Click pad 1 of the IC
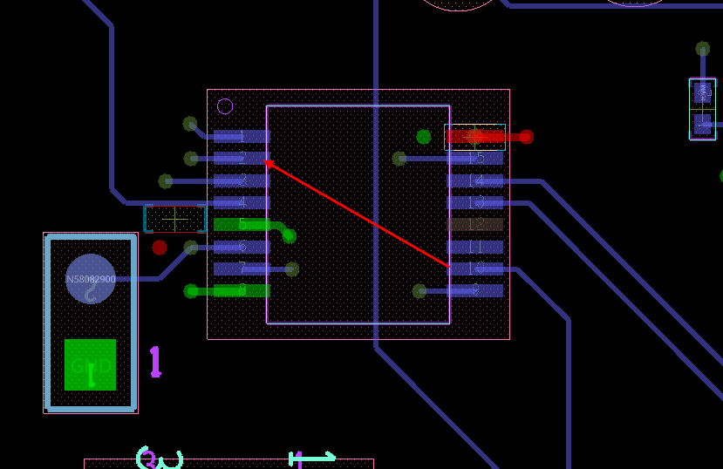(x=242, y=137)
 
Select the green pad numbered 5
(x=242, y=225)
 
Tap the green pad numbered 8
(x=242, y=290)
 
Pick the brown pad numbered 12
(x=475, y=225)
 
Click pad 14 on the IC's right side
(x=475, y=181)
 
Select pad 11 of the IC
(x=475, y=247)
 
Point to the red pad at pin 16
(x=475, y=136)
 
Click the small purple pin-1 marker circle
(x=225, y=106)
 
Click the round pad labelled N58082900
(x=91, y=279)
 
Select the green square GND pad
(x=90, y=364)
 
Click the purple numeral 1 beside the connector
(x=155, y=361)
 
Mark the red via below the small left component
(x=160, y=248)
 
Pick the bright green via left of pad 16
(x=423, y=137)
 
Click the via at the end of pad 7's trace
(x=292, y=269)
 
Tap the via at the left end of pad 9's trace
(x=419, y=291)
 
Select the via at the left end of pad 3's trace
(x=166, y=181)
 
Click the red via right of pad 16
(x=526, y=137)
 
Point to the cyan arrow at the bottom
(x=313, y=456)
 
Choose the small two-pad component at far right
(x=702, y=109)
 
